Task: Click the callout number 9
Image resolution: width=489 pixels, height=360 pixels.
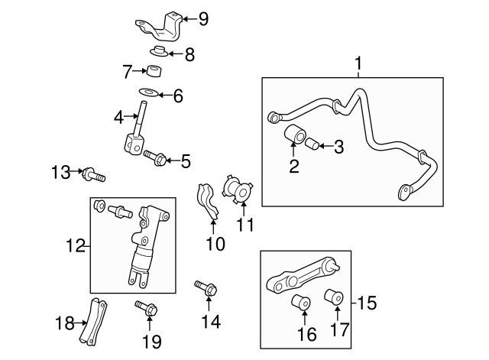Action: (203, 18)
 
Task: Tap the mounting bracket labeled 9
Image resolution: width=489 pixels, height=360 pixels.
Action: (162, 28)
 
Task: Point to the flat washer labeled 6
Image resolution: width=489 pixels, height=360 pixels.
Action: (148, 94)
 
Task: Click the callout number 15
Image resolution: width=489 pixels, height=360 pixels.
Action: (368, 303)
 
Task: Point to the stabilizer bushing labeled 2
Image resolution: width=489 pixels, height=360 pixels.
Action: (294, 135)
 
